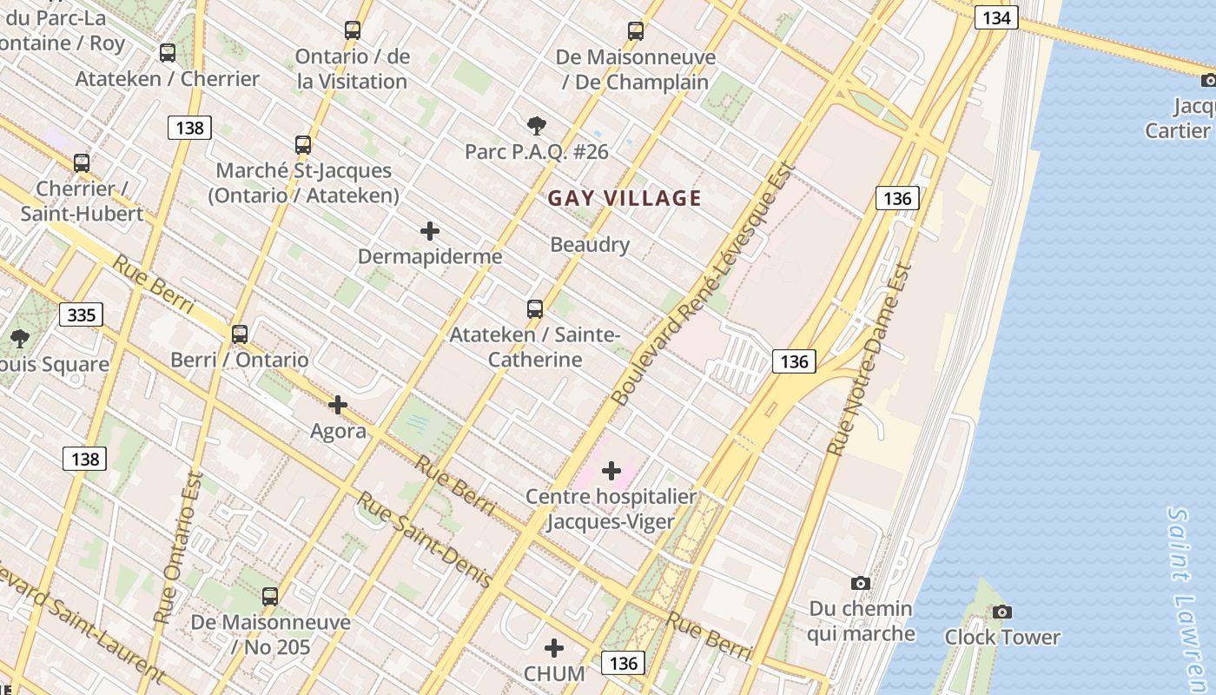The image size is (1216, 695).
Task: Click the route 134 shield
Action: (995, 17)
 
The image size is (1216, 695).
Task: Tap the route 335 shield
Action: (82, 314)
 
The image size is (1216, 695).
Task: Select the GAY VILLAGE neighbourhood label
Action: (625, 198)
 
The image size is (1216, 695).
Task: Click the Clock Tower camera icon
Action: (1002, 612)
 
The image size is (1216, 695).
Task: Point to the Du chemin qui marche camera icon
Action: (860, 583)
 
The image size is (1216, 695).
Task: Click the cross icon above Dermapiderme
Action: (429, 231)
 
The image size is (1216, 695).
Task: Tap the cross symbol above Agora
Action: (338, 405)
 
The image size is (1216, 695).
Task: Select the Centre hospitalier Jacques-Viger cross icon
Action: (611, 471)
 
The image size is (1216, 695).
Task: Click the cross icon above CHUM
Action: (554, 648)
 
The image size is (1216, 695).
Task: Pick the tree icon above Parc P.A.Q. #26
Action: (537, 126)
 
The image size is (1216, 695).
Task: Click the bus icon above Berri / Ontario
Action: (240, 334)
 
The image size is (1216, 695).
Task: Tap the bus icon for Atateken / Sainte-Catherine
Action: (535, 309)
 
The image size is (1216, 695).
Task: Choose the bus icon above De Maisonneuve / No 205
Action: (270, 597)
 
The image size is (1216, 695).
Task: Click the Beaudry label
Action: (590, 245)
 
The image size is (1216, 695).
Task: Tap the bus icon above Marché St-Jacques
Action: (303, 145)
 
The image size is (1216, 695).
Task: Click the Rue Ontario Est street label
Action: (178, 547)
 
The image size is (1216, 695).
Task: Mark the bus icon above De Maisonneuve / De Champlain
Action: (636, 32)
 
